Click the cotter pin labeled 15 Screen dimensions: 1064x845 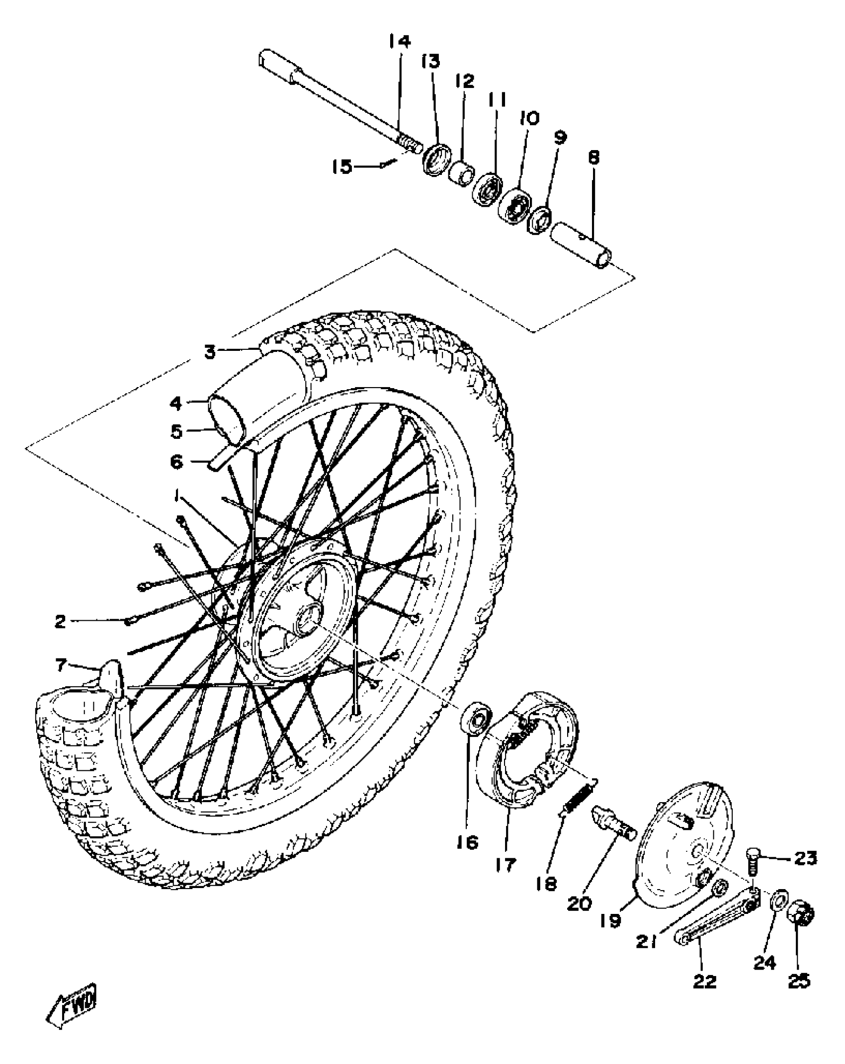(388, 164)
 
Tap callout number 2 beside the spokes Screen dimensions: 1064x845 (60, 621)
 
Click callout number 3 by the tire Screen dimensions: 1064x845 (210, 352)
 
